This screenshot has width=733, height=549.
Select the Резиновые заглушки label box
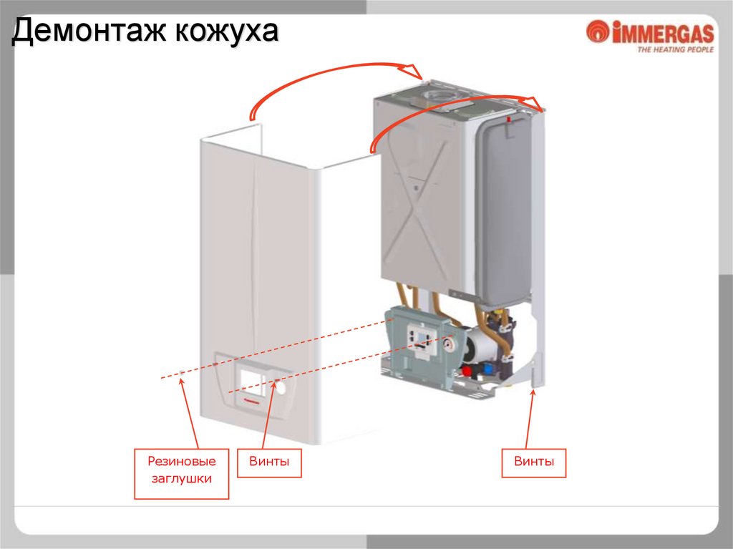pos(182,473)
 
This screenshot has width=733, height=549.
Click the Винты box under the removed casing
pos(269,462)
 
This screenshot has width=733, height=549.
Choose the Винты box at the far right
pos(534,462)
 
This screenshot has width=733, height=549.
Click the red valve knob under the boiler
pos(469,371)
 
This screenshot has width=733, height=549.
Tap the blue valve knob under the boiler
pos(489,369)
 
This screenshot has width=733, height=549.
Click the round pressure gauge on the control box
pos(448,343)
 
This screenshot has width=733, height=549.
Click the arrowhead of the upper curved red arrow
pos(416,71)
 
